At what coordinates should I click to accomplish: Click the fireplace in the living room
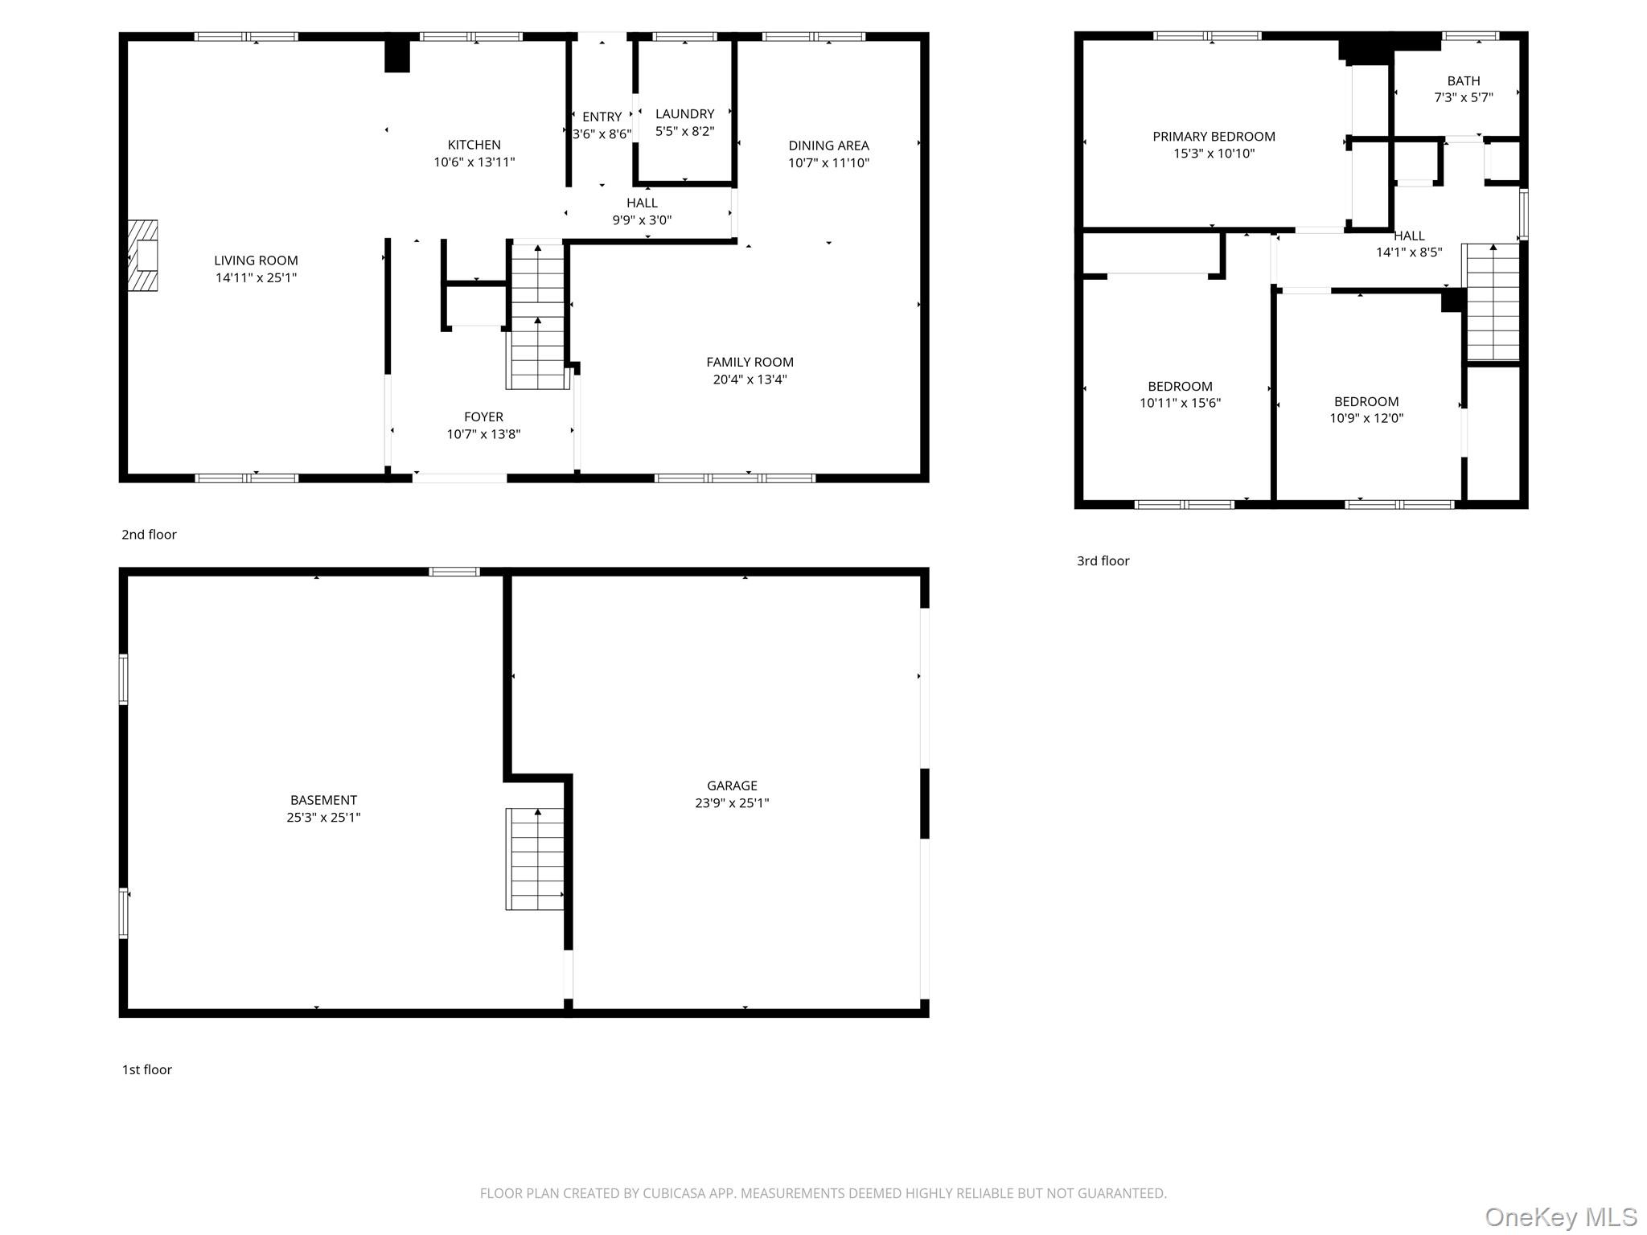142,256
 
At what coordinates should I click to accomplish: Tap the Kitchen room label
474,145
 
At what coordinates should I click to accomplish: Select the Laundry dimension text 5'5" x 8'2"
684,131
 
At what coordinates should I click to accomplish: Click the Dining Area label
828,146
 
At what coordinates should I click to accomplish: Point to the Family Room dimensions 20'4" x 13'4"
750,380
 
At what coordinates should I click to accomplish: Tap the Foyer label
483,416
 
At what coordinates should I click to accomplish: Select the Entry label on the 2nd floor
602,117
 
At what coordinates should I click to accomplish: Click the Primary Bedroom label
1214,137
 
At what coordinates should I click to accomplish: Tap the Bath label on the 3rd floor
1464,80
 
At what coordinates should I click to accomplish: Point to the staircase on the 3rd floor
1493,302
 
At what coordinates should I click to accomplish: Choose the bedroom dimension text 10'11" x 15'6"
1180,403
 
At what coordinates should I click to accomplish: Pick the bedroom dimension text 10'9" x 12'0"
1366,418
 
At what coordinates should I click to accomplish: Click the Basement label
323,800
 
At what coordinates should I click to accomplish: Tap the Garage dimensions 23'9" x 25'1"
732,802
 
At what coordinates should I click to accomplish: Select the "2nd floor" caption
149,535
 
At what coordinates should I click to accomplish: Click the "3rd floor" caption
1103,561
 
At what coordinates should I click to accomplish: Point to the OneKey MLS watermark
1561,1217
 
